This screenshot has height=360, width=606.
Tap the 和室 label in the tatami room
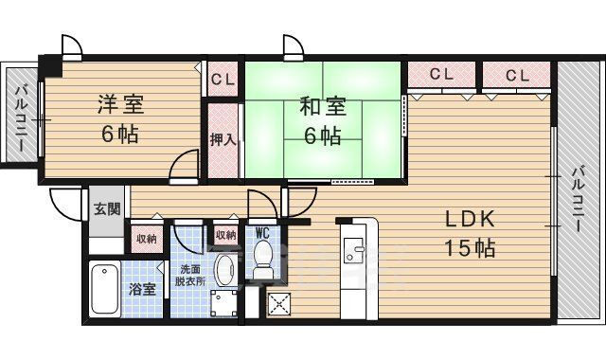323,105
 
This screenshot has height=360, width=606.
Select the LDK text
471,219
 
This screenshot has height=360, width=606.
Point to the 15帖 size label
471,248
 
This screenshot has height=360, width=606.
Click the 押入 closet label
223,138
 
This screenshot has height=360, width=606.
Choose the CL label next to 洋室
223,79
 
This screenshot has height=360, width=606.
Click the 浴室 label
143,289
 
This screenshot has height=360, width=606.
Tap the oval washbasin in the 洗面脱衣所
225,271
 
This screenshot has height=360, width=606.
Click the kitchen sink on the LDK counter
357,250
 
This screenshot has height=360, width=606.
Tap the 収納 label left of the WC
225,235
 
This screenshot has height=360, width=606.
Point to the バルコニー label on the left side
19,118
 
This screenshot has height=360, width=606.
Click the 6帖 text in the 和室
323,135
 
